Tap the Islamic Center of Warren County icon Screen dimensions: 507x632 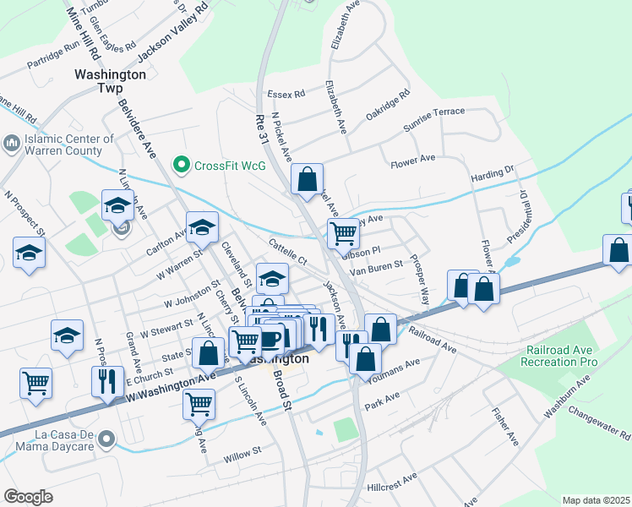[12, 144]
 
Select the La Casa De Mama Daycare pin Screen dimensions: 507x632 [106, 439]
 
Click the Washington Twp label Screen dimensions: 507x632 [110, 80]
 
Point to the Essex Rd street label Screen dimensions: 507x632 [286, 94]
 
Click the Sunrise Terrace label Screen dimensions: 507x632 [434, 117]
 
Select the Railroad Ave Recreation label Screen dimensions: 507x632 [562, 356]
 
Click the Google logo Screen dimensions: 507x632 [28, 497]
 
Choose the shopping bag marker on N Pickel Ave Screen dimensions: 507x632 [307, 178]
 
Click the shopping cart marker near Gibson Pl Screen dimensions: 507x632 [343, 232]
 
